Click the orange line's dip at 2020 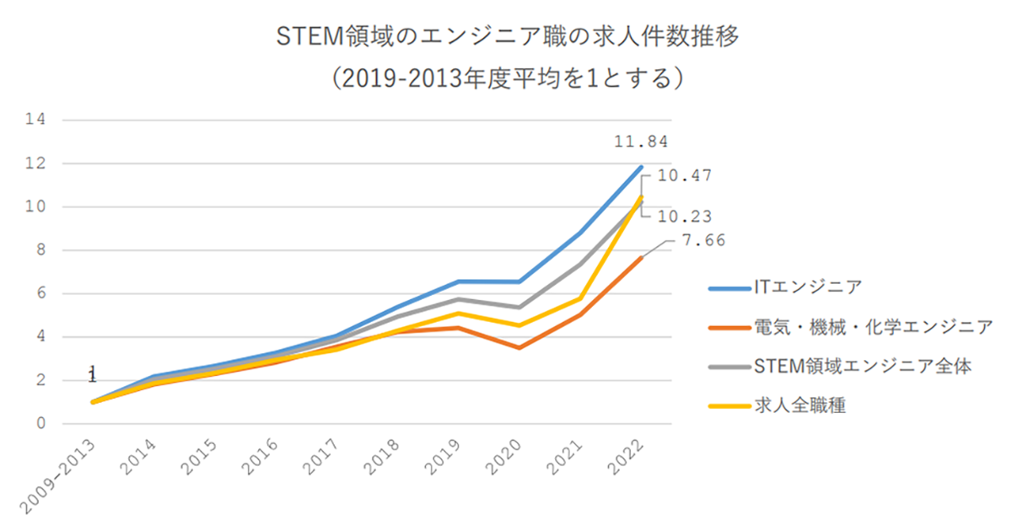click(519, 347)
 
